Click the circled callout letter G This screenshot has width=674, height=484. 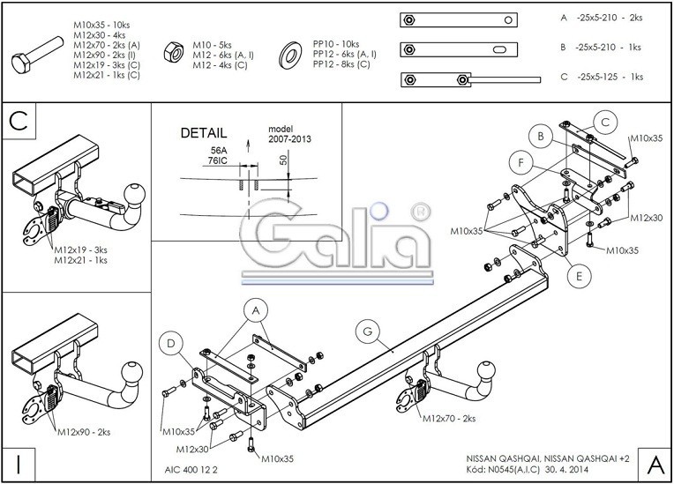[x=367, y=331]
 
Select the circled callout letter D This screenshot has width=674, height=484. [x=172, y=343]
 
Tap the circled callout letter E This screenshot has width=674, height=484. [x=579, y=277]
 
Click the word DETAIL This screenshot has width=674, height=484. [x=204, y=133]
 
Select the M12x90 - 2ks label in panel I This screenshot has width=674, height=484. [x=84, y=433]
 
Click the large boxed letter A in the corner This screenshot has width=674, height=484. [x=655, y=463]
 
